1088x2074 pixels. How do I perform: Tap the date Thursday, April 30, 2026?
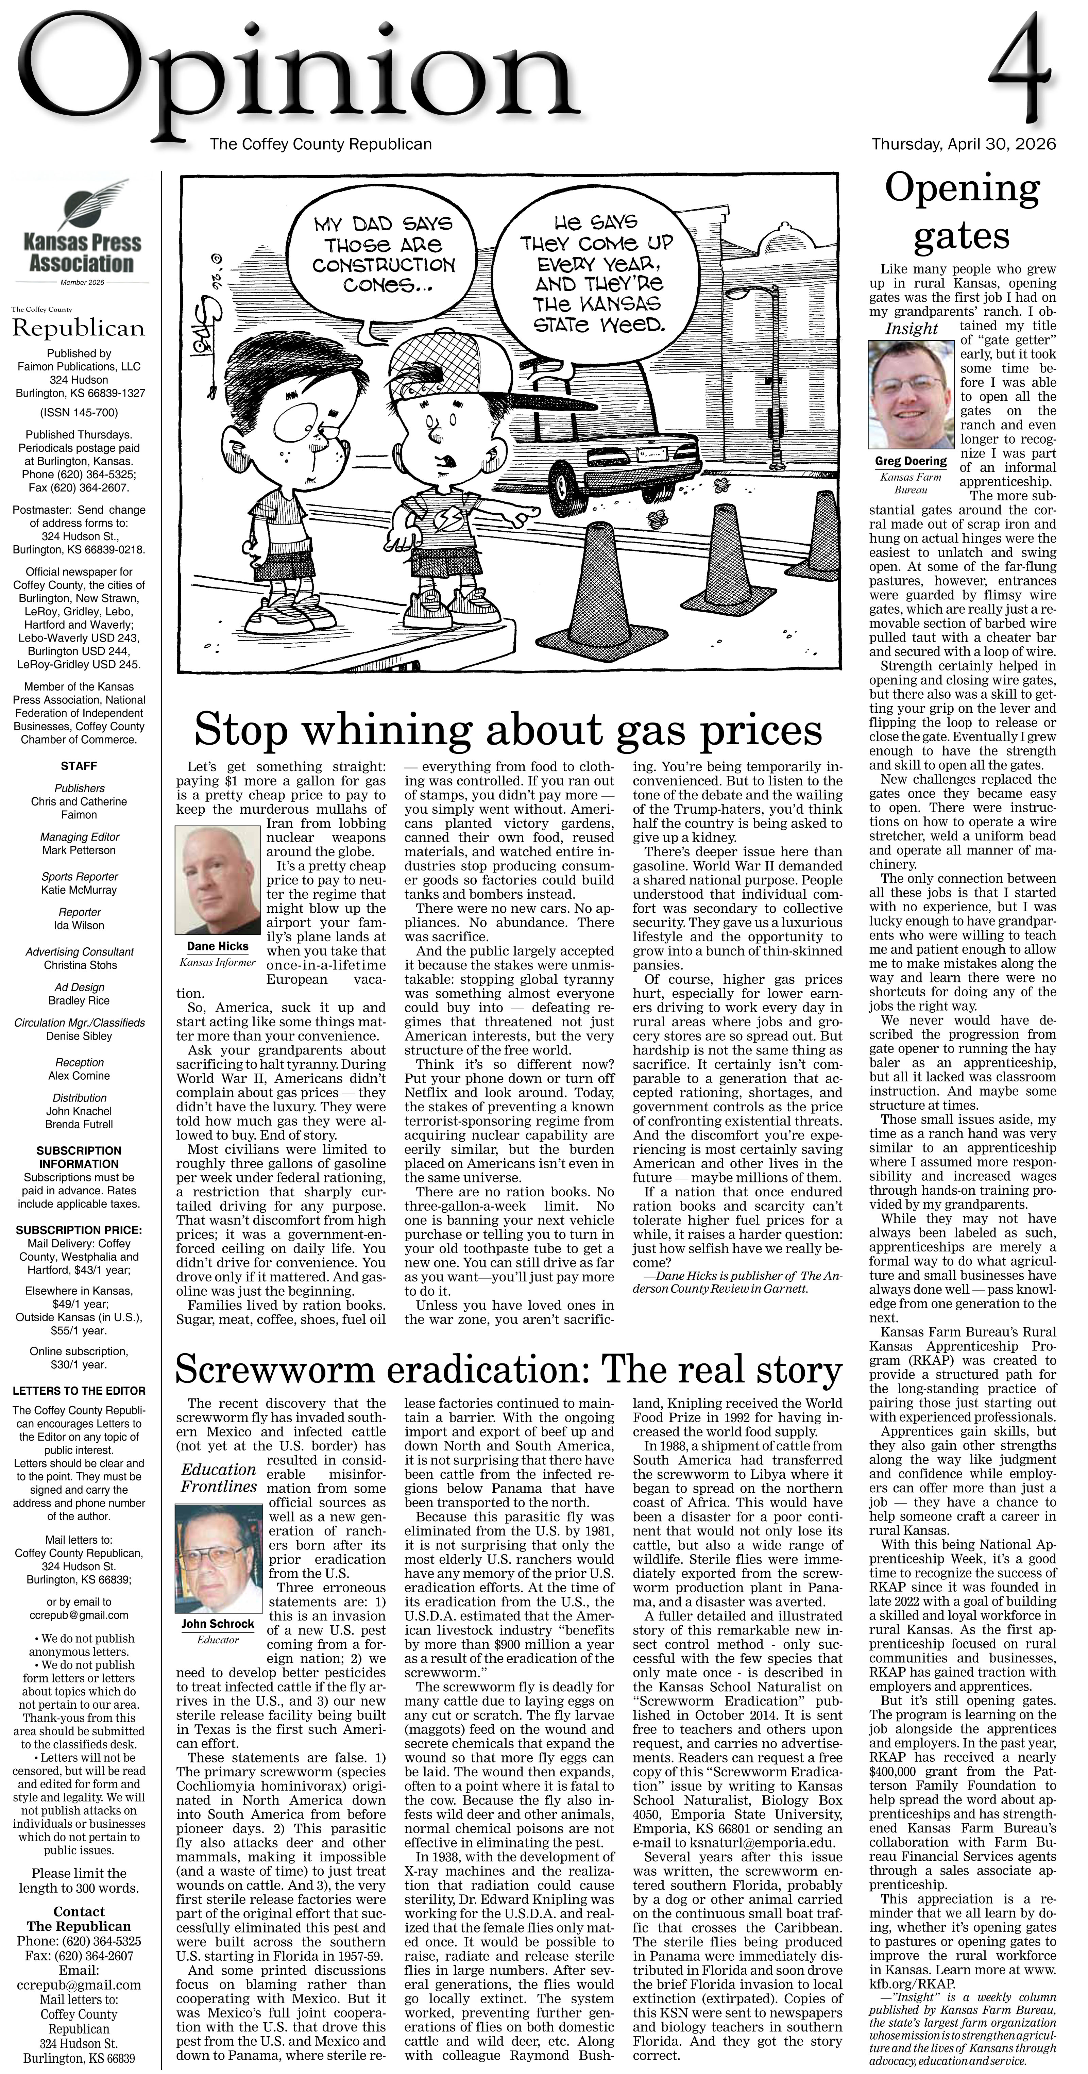tap(963, 144)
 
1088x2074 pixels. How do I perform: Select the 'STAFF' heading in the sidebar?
tap(79, 766)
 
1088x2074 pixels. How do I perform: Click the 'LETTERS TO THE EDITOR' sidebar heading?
tap(79, 1391)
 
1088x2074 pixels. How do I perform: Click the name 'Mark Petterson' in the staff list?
tap(79, 850)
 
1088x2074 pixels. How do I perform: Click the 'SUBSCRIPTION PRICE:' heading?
tap(79, 1230)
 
